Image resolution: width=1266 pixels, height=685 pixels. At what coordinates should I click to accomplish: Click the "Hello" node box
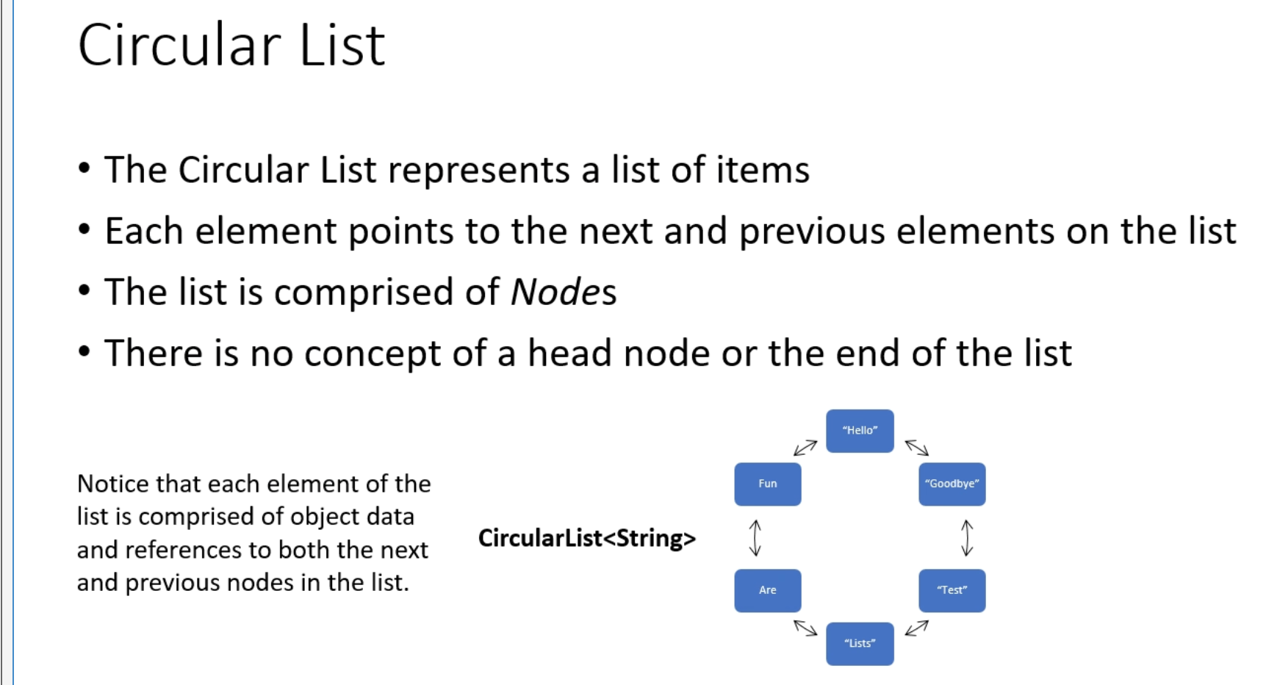[860, 431]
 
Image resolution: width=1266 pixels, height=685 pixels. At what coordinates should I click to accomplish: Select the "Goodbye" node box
[952, 484]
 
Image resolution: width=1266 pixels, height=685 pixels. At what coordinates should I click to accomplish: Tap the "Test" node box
[952, 590]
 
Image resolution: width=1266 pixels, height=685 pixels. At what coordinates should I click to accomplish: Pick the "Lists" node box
[860, 643]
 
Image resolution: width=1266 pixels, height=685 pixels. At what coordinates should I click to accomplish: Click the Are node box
[767, 590]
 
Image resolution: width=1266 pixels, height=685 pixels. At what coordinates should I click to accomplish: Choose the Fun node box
[767, 484]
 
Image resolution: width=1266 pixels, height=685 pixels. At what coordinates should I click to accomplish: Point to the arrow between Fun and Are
[755, 538]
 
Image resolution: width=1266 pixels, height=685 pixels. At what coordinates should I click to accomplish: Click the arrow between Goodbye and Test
[967, 538]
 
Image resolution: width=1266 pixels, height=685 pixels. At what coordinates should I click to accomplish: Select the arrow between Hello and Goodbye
[917, 448]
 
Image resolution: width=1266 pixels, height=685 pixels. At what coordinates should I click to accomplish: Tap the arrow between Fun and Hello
[805, 448]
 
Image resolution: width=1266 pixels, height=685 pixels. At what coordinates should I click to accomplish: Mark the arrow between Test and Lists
[917, 628]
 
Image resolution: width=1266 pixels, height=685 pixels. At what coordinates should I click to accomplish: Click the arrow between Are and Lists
[805, 628]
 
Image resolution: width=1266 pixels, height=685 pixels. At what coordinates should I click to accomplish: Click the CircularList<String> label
[586, 539]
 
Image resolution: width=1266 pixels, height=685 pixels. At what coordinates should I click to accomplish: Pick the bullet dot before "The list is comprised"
[84, 290]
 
